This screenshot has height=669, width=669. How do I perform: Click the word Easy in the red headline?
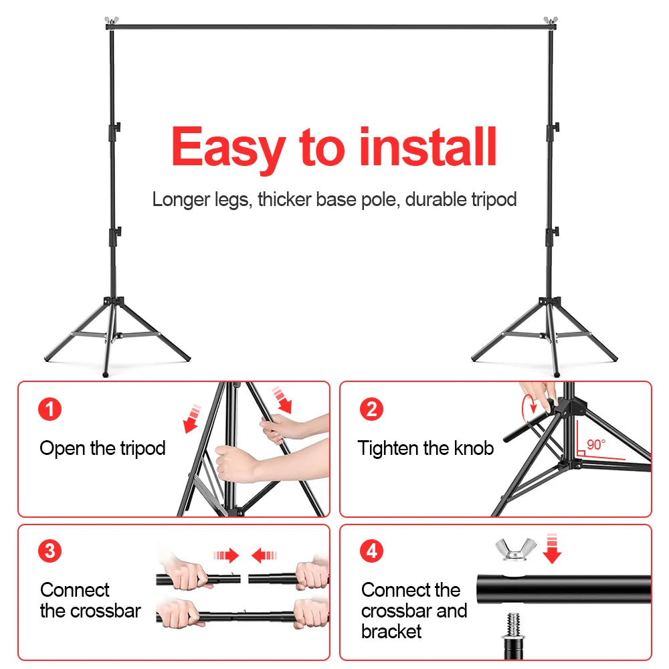(227, 149)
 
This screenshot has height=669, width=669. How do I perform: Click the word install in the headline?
(428, 147)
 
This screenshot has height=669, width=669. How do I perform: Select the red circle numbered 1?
(50, 409)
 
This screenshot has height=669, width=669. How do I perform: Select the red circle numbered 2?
(372, 409)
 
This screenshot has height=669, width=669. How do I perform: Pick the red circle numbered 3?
(50, 551)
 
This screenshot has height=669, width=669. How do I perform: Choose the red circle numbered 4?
(372, 551)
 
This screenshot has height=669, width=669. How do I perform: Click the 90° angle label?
(595, 445)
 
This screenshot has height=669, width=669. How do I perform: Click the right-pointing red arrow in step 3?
(227, 555)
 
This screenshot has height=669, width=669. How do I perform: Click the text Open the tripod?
(102, 448)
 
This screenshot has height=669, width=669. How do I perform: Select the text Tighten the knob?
(425, 448)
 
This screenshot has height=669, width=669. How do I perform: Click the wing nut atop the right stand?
(551, 21)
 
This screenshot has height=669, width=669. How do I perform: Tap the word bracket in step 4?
(391, 632)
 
